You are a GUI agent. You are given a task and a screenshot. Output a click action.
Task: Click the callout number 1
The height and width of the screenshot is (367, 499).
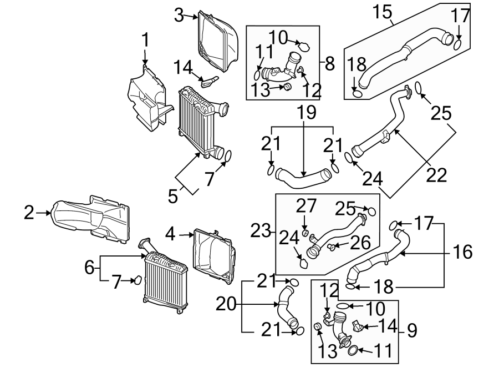coord(145,40)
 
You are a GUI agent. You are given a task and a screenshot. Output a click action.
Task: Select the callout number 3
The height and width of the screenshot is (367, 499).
coord(179,16)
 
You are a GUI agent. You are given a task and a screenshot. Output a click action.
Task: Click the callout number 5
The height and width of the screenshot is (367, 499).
coord(174,195)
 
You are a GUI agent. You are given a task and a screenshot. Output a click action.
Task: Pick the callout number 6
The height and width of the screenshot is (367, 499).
coord(89,268)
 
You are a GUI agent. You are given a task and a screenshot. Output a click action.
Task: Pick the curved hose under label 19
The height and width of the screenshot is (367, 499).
coord(302,179)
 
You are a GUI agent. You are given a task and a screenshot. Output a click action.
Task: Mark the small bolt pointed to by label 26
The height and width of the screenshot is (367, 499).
coord(330,245)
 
